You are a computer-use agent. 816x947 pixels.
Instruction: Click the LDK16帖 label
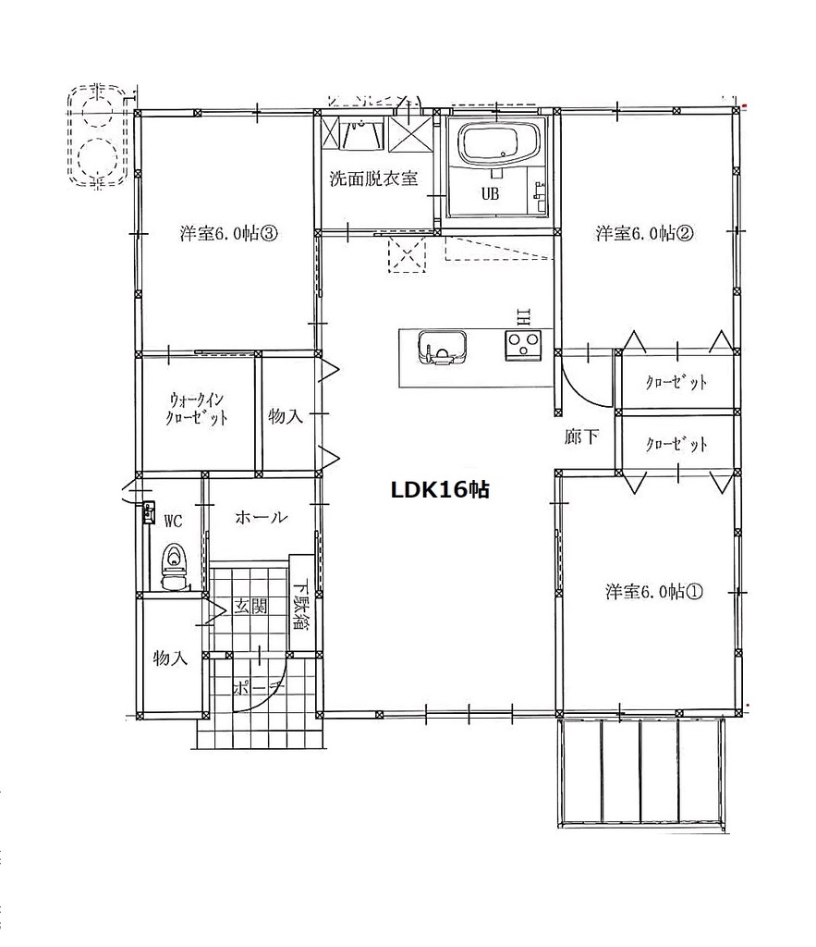pos(440,489)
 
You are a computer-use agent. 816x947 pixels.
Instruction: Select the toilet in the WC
pos(175,567)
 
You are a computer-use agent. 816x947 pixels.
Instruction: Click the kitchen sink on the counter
pos(442,349)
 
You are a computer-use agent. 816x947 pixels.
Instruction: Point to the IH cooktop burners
pos(523,346)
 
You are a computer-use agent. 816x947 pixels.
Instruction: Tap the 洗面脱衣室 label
pos(373,178)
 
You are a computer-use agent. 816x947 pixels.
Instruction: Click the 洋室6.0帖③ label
pos(229,233)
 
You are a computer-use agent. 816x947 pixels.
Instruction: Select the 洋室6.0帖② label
pos(644,233)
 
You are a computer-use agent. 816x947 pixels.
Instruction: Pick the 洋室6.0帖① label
pos(654,591)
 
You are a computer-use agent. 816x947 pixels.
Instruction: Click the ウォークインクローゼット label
pos(197,409)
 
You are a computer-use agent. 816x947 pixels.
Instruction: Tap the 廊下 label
pos(582,437)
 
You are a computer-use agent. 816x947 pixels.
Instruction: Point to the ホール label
pos(261,517)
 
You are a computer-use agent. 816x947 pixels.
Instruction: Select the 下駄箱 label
pos(300,605)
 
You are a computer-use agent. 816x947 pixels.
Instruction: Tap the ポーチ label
pos(259,687)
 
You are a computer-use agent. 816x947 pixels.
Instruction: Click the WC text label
pos(173,521)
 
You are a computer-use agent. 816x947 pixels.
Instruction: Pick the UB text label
pos(490,194)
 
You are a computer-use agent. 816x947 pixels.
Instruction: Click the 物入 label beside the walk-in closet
pos(286,416)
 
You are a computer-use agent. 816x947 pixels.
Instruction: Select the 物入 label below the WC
pos(170,658)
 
